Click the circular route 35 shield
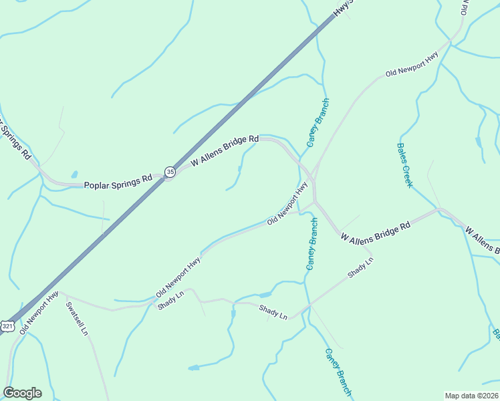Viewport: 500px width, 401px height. coord(170,172)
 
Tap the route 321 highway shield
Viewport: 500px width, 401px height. coord(7,325)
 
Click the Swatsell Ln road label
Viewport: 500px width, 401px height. coord(77,319)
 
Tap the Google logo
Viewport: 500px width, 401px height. coord(22,393)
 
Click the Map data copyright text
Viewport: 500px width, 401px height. coord(471,396)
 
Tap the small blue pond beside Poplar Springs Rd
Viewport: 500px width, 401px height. coord(74,174)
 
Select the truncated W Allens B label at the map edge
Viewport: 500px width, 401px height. coord(483,241)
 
